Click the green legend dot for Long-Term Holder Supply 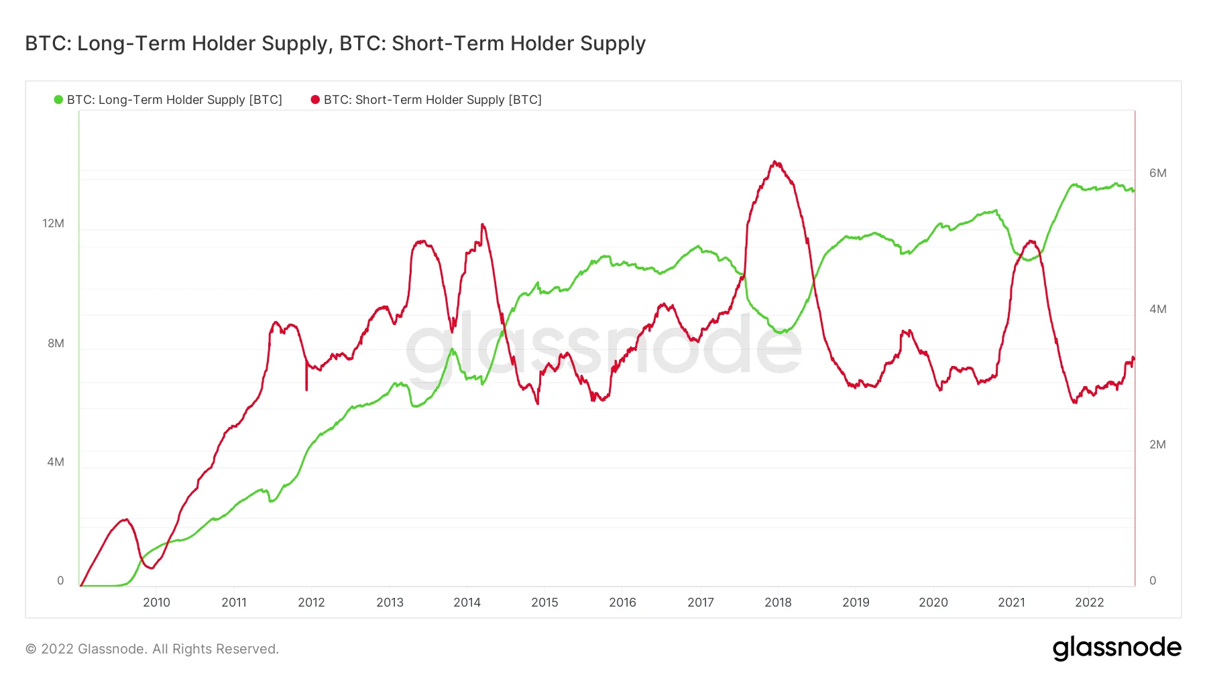[x=58, y=100]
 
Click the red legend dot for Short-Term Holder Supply [x=315, y=100]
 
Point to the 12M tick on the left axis [x=53, y=223]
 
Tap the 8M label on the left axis [x=56, y=343]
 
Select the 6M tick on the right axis [x=1157, y=173]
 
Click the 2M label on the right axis [x=1157, y=444]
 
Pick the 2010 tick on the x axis [x=156, y=602]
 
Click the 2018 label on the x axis [x=778, y=602]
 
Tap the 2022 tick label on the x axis [x=1089, y=602]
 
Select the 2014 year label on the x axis [x=467, y=602]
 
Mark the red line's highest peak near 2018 [x=774, y=162]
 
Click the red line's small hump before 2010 [x=125, y=519]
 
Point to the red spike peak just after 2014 [x=482, y=225]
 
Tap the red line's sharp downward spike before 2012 [x=306, y=389]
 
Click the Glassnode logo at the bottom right [x=1116, y=648]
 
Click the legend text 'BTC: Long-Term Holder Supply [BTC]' [x=174, y=100]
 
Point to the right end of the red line [x=1133, y=358]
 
